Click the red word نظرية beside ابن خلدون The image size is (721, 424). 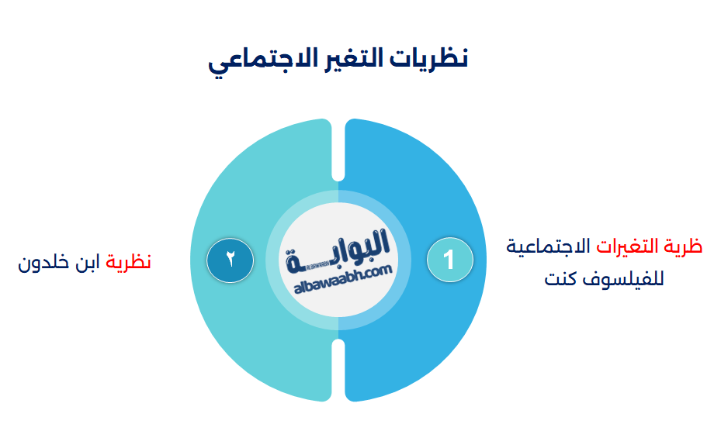coord(129,262)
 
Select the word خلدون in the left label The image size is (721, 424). coord(43,262)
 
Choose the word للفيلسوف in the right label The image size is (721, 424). coord(626,277)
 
